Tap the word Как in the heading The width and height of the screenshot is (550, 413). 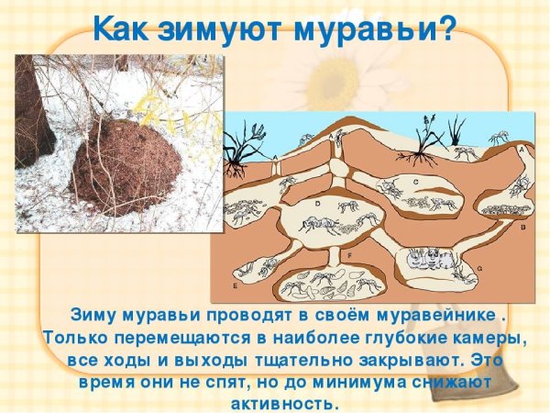[124, 28]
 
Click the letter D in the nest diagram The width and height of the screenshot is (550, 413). [317, 201]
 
